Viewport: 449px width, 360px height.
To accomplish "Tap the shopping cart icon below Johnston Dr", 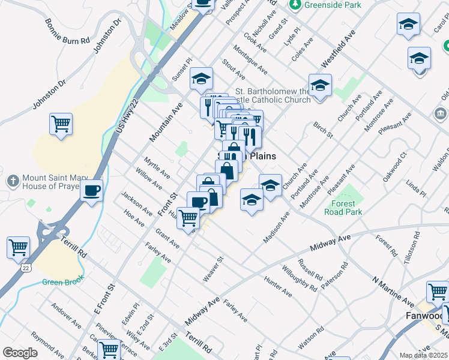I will point(61,124).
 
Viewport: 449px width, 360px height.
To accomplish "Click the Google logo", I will point(20,352).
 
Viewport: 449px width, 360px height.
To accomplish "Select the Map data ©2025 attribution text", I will point(423,355).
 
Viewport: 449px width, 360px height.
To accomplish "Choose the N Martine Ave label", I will point(393,290).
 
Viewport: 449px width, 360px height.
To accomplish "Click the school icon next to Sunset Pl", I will point(202,78).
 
